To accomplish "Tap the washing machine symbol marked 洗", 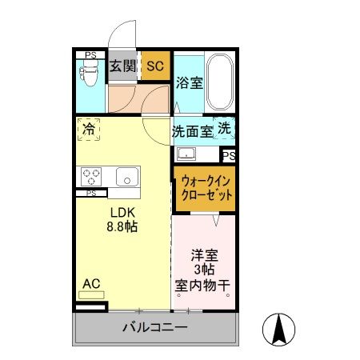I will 226,129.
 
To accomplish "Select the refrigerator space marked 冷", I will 89,128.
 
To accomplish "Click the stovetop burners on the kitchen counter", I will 90,177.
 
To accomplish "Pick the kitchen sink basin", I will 126,177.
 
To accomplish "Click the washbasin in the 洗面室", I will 187,154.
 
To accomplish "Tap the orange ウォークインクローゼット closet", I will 206,188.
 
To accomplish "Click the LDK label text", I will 124,212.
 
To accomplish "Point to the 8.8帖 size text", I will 124,227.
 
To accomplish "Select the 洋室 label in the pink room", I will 204,255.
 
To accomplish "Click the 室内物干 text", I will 204,286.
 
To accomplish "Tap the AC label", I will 92,282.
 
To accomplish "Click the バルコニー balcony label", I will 155,328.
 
